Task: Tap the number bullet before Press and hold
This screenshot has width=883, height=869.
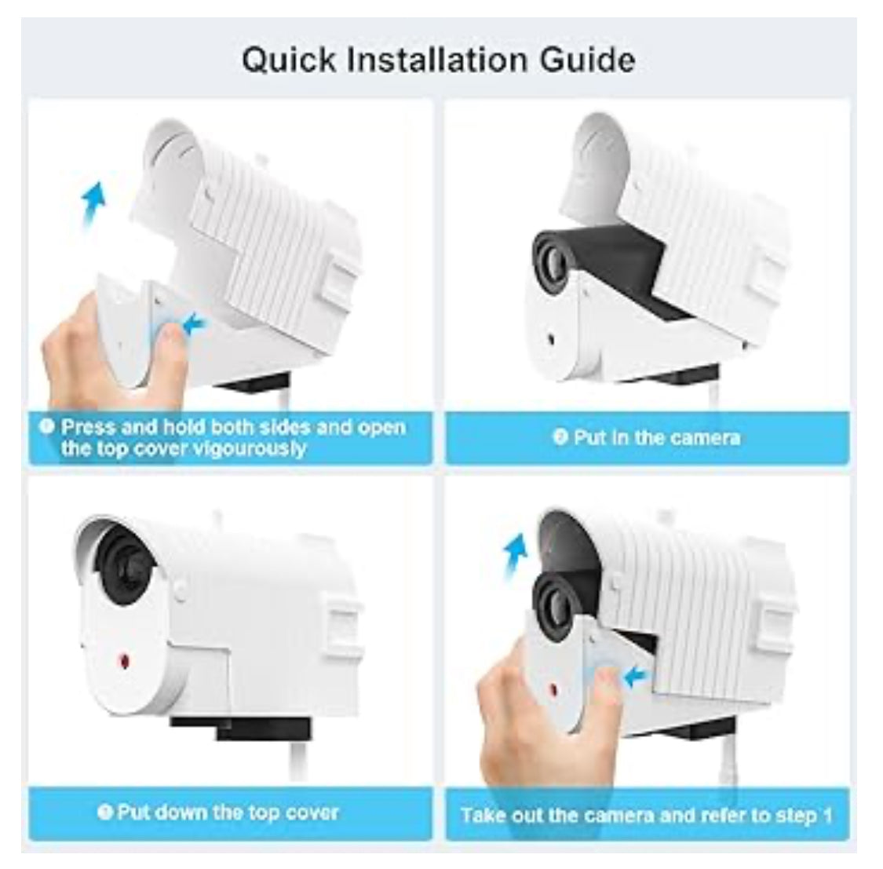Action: pos(47,426)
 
